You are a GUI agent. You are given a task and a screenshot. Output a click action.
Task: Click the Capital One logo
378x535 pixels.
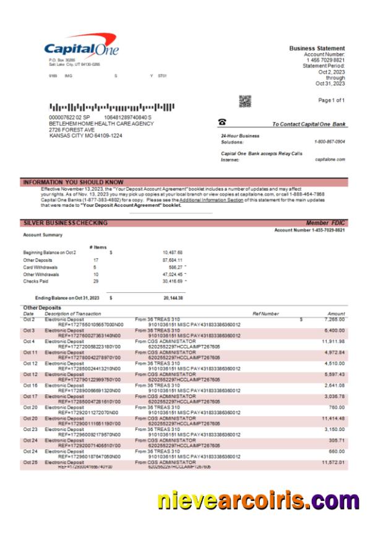[x=81, y=49]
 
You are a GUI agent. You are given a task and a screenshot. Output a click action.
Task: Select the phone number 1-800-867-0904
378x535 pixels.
[x=331, y=141]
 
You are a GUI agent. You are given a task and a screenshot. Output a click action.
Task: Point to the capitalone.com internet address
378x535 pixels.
[x=333, y=159]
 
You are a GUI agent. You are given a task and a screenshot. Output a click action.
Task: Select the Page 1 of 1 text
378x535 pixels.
[x=331, y=100]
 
